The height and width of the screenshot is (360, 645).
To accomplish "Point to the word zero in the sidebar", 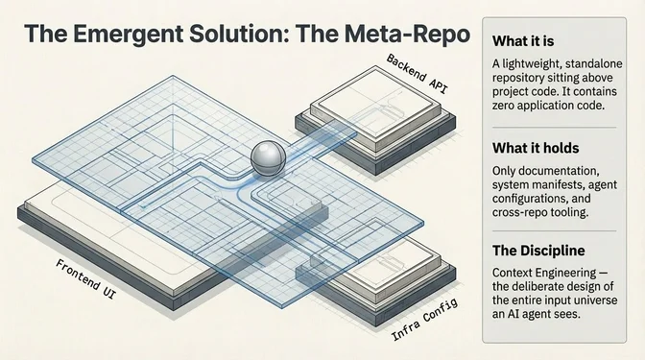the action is pos(507,107).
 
